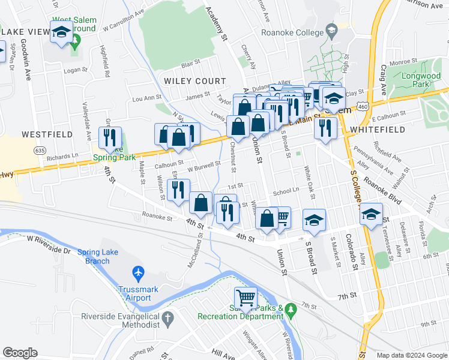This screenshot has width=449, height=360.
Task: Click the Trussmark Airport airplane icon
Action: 139,274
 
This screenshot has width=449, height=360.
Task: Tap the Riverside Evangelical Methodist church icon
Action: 169,317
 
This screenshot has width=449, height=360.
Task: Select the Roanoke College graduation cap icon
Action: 331,31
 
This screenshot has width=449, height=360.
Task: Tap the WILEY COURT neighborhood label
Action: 195,81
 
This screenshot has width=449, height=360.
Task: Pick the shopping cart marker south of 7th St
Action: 246,297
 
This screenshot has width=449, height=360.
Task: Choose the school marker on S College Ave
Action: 372,214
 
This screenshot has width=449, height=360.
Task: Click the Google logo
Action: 20,353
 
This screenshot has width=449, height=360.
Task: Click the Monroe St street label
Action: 403,61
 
